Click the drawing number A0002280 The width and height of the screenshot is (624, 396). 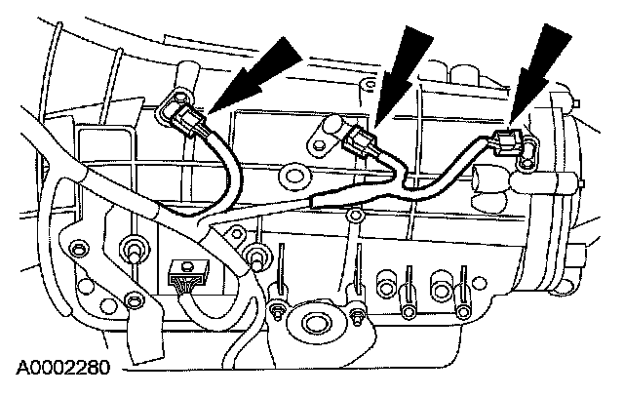[61, 370]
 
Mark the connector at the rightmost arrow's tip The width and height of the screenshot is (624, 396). [508, 142]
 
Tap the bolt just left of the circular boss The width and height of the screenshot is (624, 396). [278, 313]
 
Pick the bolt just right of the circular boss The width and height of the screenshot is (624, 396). [358, 314]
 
